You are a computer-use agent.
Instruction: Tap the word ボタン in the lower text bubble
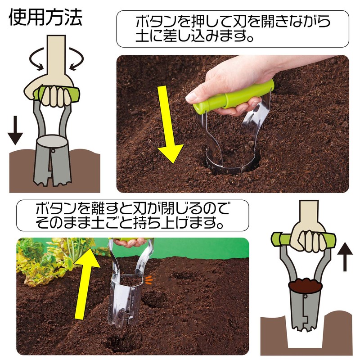55,210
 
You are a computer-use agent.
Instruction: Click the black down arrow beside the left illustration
15,130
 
